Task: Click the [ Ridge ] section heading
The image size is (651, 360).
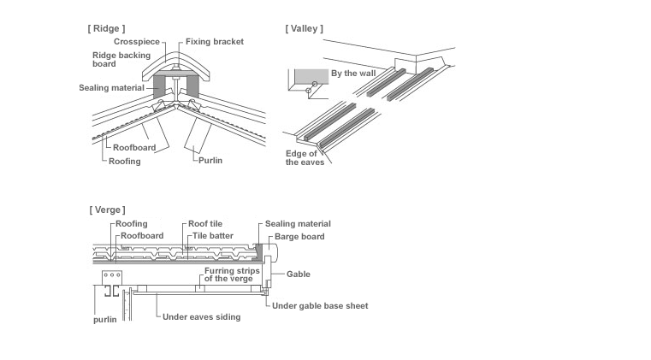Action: pos(106,28)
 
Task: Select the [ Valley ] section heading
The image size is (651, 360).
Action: pos(304,28)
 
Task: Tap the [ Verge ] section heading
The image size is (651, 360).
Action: pos(107,210)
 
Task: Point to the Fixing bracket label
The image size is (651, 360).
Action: pos(215,41)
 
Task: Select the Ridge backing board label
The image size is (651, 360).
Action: pos(115,59)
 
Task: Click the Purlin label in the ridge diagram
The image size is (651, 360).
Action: pos(211,160)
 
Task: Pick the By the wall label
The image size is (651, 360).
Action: pos(352,74)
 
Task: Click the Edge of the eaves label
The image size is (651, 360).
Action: pos(305,157)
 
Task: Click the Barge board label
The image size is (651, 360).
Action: pos(299,236)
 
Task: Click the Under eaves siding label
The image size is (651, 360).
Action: pos(202,316)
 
